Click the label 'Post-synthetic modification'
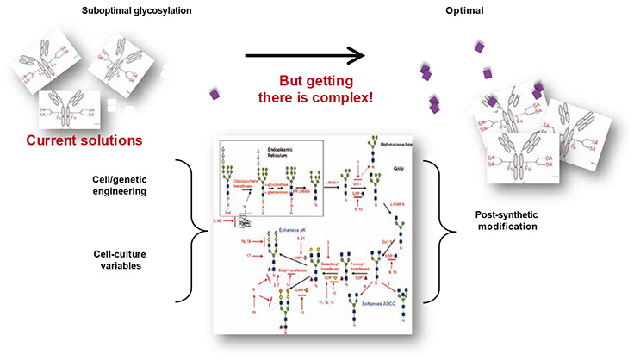pyautogui.click(x=510, y=219)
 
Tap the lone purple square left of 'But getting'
pyautogui.click(x=214, y=95)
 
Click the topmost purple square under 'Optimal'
pyautogui.click(x=478, y=47)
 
